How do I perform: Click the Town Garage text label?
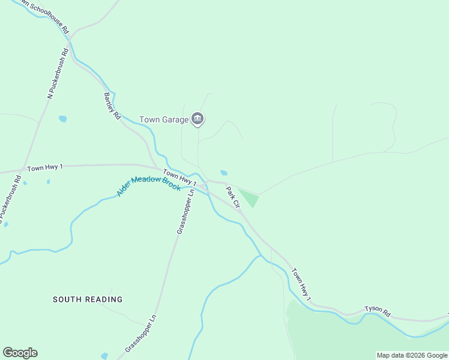pos(163,119)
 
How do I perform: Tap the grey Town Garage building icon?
pos(197,119)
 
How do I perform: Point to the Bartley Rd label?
pos(112,106)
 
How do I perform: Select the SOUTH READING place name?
pos(88,299)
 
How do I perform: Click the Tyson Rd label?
pos(378,313)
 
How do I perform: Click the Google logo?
pos(20,353)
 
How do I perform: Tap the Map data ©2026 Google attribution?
pos(412,355)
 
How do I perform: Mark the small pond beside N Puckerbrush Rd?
pos(62,119)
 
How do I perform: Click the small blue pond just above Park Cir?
pos(224,173)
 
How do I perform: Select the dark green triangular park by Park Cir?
pos(249,197)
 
